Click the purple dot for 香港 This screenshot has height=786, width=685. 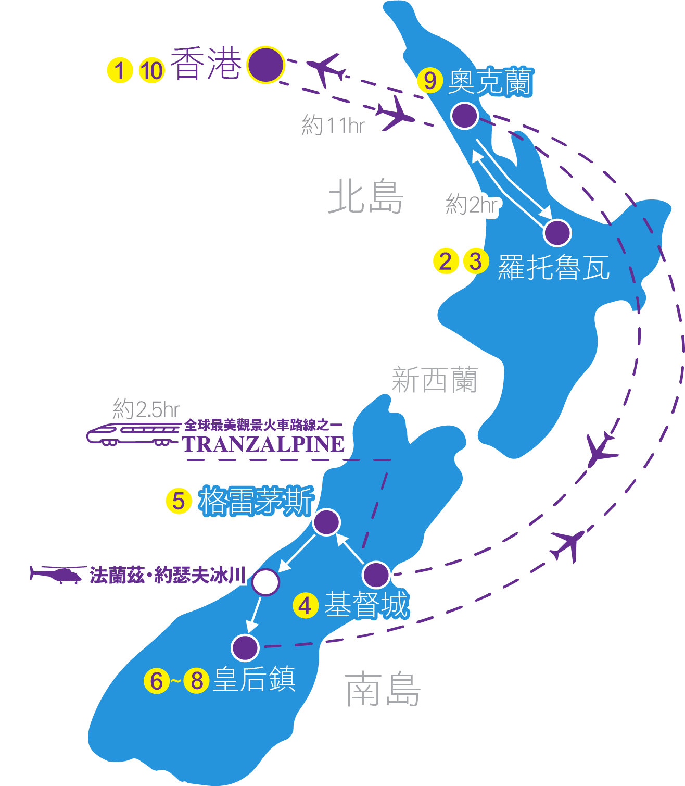[x=265, y=65]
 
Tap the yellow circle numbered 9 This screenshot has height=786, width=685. [x=430, y=81]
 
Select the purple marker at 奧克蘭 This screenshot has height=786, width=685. [x=464, y=116]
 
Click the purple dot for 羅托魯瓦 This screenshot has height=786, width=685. [x=557, y=232]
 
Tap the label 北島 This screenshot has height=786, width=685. [x=366, y=197]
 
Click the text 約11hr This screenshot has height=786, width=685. [x=333, y=126]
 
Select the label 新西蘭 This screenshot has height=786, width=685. [x=435, y=380]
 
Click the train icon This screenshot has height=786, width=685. [x=133, y=434]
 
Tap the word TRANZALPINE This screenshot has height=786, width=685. [x=263, y=444]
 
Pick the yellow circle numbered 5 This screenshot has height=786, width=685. [x=179, y=501]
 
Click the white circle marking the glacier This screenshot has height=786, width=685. [x=265, y=582]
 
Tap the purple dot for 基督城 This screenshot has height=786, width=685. [x=376, y=575]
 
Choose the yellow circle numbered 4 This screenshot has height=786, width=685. [x=306, y=606]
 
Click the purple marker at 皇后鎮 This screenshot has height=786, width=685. [x=245, y=647]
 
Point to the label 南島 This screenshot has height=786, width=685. [x=383, y=689]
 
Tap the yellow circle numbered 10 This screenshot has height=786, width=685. [x=151, y=70]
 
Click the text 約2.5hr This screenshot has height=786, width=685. [x=146, y=409]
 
